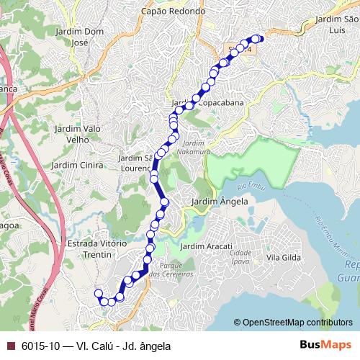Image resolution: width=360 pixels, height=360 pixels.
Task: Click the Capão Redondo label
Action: (x=174, y=12)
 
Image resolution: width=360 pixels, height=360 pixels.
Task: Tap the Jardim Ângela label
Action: (x=220, y=202)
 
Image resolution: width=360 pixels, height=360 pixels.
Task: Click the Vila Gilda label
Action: (x=284, y=257)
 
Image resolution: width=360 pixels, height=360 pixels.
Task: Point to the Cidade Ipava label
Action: (x=240, y=256)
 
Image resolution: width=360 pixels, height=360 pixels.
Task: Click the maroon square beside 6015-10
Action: (x=10, y=346)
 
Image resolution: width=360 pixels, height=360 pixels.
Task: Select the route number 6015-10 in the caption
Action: (x=40, y=346)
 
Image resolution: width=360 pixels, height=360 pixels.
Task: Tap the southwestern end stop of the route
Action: (x=99, y=293)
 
